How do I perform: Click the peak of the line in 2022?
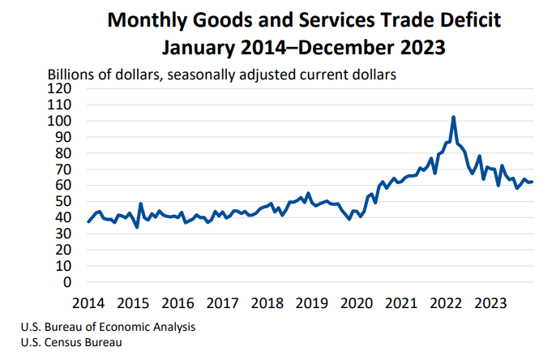click(x=453, y=118)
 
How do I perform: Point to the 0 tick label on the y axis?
click(x=67, y=282)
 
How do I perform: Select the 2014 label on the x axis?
click(x=88, y=303)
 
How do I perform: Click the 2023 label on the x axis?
click(x=490, y=303)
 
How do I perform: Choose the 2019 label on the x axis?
click(x=311, y=303)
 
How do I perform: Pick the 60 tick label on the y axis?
click(x=64, y=186)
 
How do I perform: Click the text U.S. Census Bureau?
click(x=71, y=343)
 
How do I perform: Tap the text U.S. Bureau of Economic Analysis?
click(x=109, y=328)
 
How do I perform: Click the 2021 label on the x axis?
click(x=400, y=303)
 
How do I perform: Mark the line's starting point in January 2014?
click(x=88, y=221)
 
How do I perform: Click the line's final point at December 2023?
click(x=532, y=182)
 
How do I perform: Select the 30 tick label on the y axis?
click(x=64, y=234)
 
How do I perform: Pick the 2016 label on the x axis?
click(x=178, y=303)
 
